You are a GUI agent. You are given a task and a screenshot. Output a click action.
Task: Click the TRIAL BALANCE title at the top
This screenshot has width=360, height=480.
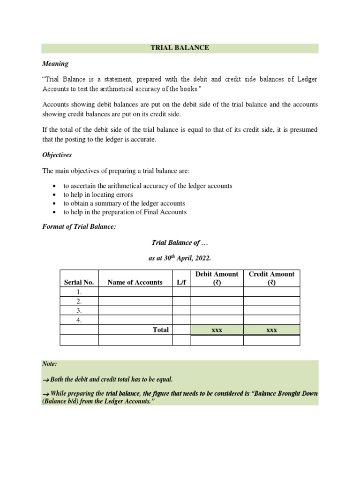pyautogui.click(x=180, y=48)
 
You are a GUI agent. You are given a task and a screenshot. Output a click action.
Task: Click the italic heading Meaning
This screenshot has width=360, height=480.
pyautogui.click(x=55, y=64)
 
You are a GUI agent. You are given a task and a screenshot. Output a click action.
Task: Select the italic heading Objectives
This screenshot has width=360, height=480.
pyautogui.click(x=57, y=155)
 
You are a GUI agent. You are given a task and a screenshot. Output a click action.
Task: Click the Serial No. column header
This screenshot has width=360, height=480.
pyautogui.click(x=79, y=282)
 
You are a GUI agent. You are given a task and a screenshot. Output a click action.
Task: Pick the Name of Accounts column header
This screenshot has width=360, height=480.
pyautogui.click(x=135, y=282)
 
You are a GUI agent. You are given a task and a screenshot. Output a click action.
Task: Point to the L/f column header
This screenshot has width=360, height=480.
pyautogui.click(x=181, y=282)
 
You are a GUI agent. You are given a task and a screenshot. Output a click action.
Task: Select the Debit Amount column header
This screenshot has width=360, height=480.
pyautogui.click(x=217, y=278)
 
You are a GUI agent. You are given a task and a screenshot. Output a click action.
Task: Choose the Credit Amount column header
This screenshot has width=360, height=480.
pyautogui.click(x=271, y=278)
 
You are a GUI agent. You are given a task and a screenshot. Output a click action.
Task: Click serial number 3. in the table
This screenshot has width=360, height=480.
pyautogui.click(x=79, y=311)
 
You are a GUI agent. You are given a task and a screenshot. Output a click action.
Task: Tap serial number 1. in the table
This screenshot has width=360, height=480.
pyautogui.click(x=79, y=292)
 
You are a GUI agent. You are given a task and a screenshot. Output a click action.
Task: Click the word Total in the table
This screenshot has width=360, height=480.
pyautogui.click(x=160, y=330)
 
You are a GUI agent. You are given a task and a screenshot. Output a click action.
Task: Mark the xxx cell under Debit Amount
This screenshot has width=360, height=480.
pyautogui.click(x=217, y=330)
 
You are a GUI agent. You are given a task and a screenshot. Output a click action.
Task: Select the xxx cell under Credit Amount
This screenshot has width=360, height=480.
pyautogui.click(x=271, y=330)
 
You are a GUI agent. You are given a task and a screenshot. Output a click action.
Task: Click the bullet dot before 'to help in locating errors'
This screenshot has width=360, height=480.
pyautogui.click(x=55, y=195)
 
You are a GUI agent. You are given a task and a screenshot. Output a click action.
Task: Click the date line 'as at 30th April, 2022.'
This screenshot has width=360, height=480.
pyautogui.click(x=180, y=258)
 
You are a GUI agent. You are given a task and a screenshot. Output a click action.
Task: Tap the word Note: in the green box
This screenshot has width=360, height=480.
pyautogui.click(x=49, y=364)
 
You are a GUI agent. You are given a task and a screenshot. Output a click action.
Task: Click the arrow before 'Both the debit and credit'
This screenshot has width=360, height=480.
pyautogui.click(x=46, y=380)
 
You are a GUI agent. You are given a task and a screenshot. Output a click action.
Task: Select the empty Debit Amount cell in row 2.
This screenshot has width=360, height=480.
pyautogui.click(x=217, y=301)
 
